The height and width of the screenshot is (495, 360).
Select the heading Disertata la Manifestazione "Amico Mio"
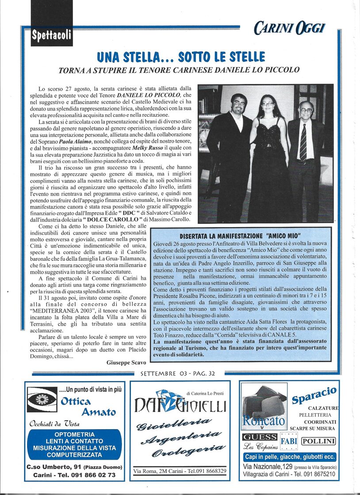point(240,236)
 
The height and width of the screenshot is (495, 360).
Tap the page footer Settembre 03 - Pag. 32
point(178,373)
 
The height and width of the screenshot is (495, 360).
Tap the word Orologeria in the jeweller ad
point(188,450)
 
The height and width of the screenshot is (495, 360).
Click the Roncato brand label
point(264,421)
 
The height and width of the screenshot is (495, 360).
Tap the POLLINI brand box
point(318,441)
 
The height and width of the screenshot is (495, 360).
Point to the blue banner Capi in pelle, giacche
point(290,457)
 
